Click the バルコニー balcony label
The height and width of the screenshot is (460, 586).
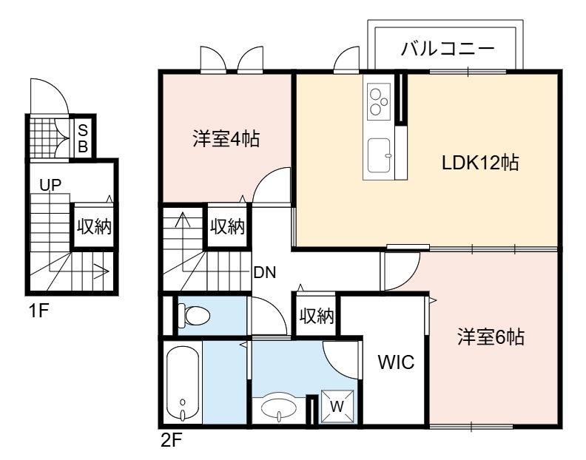[x=448, y=49]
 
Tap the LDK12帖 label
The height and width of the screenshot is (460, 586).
[x=480, y=163]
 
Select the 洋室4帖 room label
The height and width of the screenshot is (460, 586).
[x=226, y=138]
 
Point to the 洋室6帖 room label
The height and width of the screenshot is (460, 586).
[x=491, y=336]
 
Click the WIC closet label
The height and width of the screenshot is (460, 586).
[x=396, y=362]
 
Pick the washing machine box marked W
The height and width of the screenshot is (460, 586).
[x=337, y=407]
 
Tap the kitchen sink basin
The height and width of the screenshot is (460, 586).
[x=379, y=155]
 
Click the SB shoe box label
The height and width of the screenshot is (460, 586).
[x=83, y=138]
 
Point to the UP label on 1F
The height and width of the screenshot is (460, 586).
[x=50, y=185]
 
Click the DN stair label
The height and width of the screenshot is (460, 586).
[x=265, y=273]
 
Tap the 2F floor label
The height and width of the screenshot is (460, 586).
[x=171, y=441]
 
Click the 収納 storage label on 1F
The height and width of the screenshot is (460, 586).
[x=94, y=226]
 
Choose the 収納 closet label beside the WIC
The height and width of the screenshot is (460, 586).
[x=316, y=316]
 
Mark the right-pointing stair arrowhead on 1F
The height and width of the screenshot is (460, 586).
[x=104, y=271]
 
